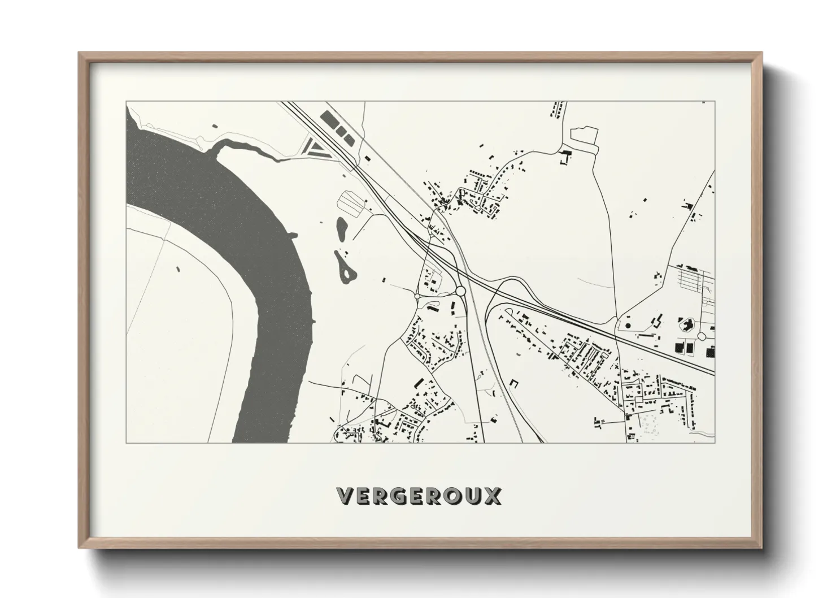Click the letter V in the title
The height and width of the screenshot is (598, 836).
click(x=346, y=496)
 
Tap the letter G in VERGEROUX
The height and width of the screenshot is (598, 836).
click(x=400, y=496)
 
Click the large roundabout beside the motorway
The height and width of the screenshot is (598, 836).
click(x=460, y=291)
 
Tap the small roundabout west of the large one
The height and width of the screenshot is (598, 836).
click(x=417, y=296)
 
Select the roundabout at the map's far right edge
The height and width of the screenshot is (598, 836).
click(x=702, y=336)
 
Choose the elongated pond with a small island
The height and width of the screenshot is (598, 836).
click(x=345, y=268)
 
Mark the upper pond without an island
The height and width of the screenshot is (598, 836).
click(x=342, y=228)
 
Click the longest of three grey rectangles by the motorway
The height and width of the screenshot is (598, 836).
click(x=328, y=119)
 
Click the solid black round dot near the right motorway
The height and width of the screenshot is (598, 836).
click(x=626, y=326)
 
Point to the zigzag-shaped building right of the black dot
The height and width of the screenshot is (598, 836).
click(x=656, y=322)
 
